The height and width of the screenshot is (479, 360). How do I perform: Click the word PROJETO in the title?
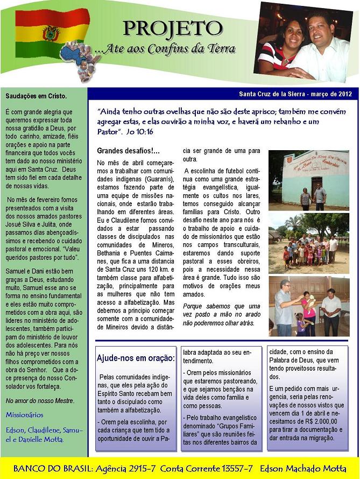click(x=172, y=28)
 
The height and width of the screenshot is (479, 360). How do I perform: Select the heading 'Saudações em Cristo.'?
click(x=36, y=96)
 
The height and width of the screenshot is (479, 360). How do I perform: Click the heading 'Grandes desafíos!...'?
click(x=129, y=151)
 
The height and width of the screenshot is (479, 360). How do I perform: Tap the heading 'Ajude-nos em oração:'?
click(x=136, y=358)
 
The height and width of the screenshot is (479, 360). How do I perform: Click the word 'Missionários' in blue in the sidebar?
click(x=24, y=415)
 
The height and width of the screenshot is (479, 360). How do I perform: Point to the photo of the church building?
click(x=309, y=180)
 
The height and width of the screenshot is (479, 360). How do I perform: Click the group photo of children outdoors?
click(x=309, y=243)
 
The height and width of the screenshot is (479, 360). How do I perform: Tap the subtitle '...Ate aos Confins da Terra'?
click(x=165, y=49)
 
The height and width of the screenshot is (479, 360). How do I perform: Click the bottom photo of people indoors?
click(x=309, y=306)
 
